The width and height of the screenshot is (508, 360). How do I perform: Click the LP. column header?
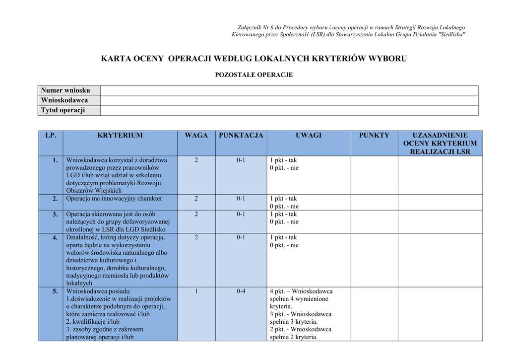51,135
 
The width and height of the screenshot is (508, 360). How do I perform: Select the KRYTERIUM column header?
120,135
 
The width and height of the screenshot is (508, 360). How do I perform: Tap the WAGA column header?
196,135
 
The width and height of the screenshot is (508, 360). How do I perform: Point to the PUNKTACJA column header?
241,135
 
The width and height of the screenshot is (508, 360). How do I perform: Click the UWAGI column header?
309,135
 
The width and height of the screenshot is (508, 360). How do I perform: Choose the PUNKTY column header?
374,135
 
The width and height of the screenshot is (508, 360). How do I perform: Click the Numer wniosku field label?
65,90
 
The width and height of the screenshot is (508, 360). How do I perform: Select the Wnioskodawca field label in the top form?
64,100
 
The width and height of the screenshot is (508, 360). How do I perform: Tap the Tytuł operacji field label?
63,110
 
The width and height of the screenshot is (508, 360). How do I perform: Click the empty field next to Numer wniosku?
289,90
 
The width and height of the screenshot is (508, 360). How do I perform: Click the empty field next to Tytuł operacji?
289,110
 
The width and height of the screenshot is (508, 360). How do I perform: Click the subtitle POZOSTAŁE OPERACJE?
254,75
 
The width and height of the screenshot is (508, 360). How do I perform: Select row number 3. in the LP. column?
56,214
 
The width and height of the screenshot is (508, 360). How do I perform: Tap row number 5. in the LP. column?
56,291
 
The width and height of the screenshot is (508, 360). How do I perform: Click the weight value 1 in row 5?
196,291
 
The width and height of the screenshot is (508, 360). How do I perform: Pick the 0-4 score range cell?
241,291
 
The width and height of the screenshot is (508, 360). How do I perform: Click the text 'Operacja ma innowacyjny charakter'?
115,199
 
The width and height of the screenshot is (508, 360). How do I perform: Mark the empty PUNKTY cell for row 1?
374,175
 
